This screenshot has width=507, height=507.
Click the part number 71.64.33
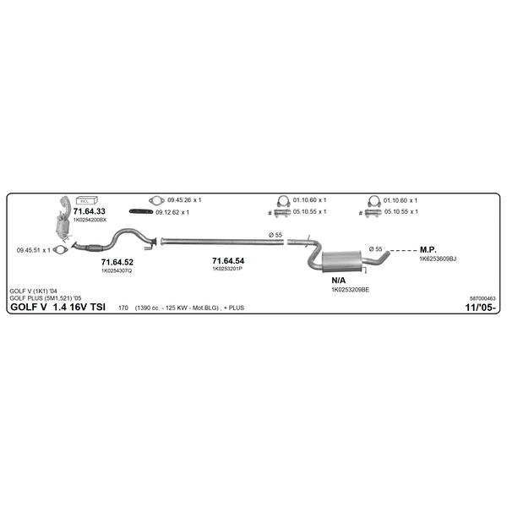pyautogui.click(x=90, y=211)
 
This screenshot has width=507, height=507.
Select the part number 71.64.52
pyautogui.click(x=117, y=262)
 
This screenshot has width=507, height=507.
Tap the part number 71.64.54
pyautogui.click(x=228, y=261)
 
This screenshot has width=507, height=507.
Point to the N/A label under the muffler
pyautogui.click(x=339, y=281)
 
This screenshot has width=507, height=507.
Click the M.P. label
pyautogui.click(x=428, y=249)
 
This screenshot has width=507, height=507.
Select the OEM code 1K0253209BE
pyautogui.click(x=350, y=290)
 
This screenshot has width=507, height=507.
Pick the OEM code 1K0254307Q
pyautogui.click(x=117, y=270)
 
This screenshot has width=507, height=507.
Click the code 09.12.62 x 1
pyautogui.click(x=172, y=212)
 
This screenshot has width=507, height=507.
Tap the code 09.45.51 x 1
pyautogui.click(x=34, y=250)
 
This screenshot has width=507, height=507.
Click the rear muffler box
pyautogui.click(x=341, y=260)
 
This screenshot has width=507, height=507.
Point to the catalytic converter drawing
pyautogui.click(x=63, y=219)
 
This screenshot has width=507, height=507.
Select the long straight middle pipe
pyautogui.click(x=222, y=241)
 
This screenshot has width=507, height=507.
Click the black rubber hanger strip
pyautogui.click(x=141, y=211)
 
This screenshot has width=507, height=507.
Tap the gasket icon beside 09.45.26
pyautogui.click(x=156, y=200)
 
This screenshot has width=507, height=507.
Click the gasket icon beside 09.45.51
pyautogui.click(x=60, y=250)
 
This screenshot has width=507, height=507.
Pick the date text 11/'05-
pyautogui.click(x=480, y=308)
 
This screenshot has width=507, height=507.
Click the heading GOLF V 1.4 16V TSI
pyautogui.click(x=58, y=307)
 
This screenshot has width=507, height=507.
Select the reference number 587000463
pyautogui.click(x=482, y=298)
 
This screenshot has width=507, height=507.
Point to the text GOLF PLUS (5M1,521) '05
pyautogui.click(x=46, y=298)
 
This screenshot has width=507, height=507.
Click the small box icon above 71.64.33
pyautogui.click(x=87, y=200)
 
